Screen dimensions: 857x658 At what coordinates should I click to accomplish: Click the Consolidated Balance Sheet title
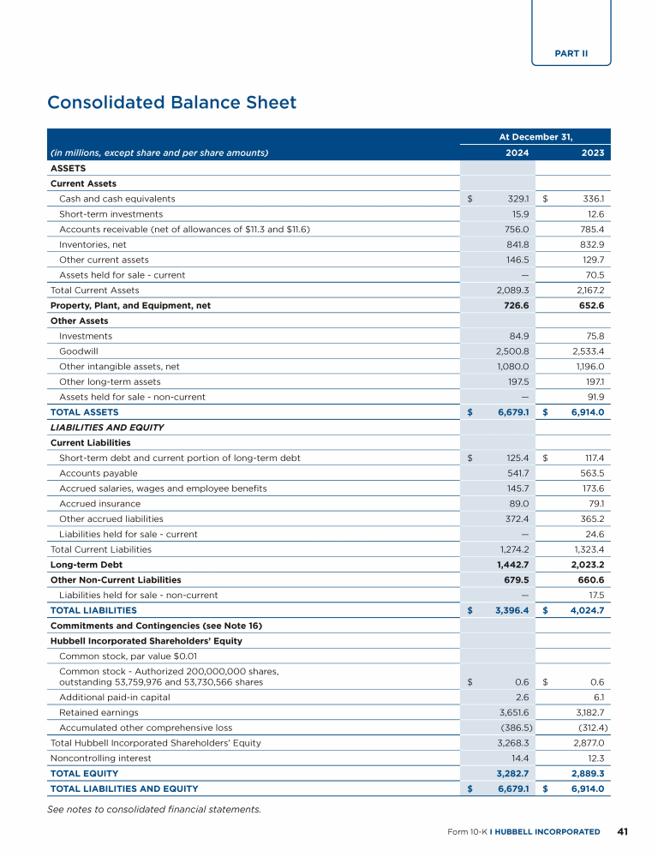(171, 103)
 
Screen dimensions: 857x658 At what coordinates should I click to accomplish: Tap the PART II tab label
(571, 53)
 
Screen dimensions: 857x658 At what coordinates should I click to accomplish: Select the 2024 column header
(517, 153)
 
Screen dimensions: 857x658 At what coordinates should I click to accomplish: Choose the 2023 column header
(592, 153)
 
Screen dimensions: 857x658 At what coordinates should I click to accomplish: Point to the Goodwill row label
(78, 351)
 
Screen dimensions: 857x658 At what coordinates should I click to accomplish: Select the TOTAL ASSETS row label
(85, 412)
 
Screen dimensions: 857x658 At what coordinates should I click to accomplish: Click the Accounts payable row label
(98, 473)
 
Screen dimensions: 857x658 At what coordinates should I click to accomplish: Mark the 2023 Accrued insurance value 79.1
(593, 504)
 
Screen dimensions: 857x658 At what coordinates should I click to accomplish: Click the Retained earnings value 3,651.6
(514, 712)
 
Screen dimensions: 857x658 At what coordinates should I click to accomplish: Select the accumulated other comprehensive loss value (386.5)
(517, 728)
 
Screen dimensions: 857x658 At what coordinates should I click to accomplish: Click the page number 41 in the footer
(623, 831)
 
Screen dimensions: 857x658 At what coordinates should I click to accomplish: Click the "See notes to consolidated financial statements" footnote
(154, 809)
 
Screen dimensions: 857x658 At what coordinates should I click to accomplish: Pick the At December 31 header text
(535, 136)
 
